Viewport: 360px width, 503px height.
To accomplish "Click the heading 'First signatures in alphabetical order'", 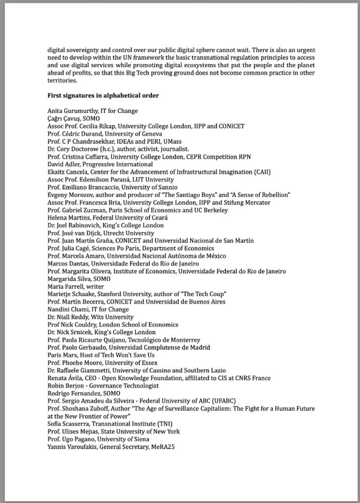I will pyautogui.click(x=103, y=96).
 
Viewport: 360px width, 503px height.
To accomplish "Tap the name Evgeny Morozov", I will pyautogui.click(x=69, y=195).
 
